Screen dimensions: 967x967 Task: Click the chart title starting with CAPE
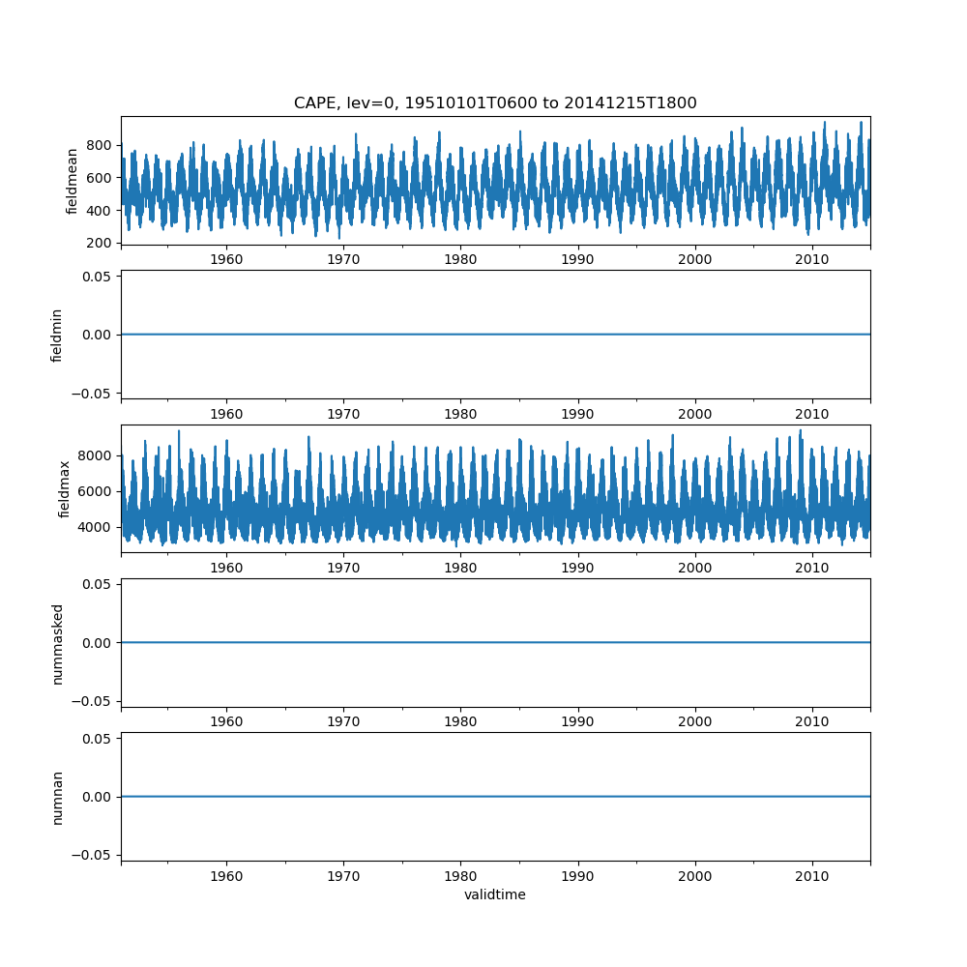point(495,103)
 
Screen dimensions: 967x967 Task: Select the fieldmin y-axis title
point(57,335)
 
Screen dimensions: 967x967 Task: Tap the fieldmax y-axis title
point(65,488)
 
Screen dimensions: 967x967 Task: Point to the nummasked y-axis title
point(57,643)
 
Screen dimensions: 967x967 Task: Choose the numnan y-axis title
point(57,797)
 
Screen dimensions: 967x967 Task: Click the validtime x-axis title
point(495,895)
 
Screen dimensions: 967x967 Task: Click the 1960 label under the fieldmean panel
point(226,260)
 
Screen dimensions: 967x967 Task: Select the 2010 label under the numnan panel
point(812,876)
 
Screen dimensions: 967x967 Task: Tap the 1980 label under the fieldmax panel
point(460,569)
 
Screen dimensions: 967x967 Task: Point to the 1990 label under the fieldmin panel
point(578,414)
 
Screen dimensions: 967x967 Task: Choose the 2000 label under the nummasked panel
point(695,722)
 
